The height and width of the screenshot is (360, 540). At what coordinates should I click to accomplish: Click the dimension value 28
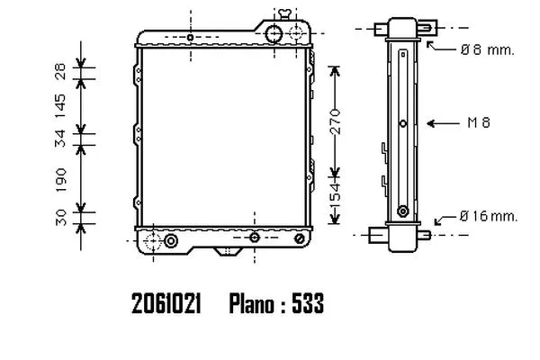coord(60,71)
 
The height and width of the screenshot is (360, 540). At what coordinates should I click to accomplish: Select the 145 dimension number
coord(60,105)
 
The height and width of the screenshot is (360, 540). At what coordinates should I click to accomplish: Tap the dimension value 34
coord(60,139)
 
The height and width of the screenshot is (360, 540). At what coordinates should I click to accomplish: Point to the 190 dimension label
coord(60,180)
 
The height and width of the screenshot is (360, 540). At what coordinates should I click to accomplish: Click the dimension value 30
coord(60,218)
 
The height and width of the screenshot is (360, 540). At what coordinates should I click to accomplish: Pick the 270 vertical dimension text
coord(335,121)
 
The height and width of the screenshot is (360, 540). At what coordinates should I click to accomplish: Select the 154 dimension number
coord(335,196)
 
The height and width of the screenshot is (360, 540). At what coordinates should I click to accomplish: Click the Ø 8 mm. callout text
coord(487,50)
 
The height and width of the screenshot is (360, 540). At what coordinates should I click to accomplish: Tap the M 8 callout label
coord(479,122)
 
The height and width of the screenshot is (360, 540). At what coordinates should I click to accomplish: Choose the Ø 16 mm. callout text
coord(489,216)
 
